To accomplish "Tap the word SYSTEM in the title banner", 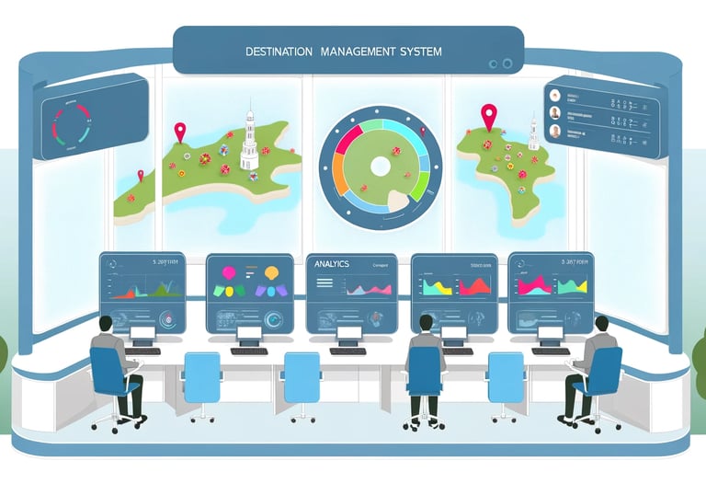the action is coord(417,52).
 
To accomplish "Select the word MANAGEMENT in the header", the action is coord(355,52).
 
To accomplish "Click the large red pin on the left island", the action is coord(180,132).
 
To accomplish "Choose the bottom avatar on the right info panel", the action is coord(555,131).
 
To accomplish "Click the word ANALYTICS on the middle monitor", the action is coord(332,264).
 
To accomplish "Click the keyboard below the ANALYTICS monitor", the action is coord(347,351).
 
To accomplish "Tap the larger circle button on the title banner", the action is coord(506,63).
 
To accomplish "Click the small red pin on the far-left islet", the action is coord(140,175).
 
